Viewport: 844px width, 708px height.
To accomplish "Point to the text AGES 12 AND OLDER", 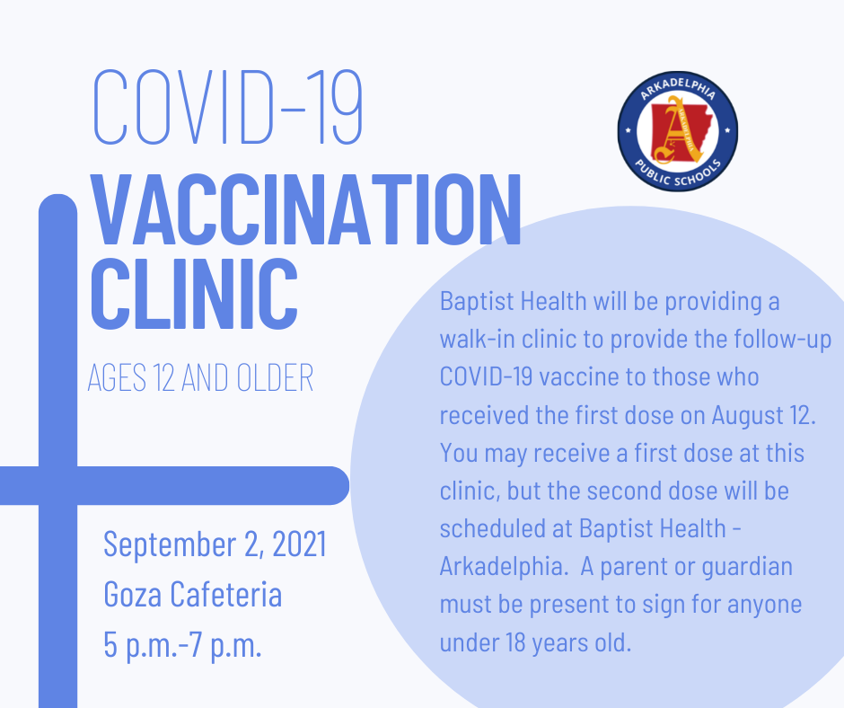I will click(x=200, y=378).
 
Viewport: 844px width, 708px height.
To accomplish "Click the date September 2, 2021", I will click(x=215, y=544).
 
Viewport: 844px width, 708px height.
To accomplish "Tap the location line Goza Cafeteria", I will click(x=193, y=595).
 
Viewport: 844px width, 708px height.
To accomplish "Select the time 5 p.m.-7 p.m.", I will click(x=183, y=645).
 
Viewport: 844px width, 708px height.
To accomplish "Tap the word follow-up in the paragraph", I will click(x=784, y=339).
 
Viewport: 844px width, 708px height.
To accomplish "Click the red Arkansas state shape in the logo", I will click(x=678, y=131).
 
